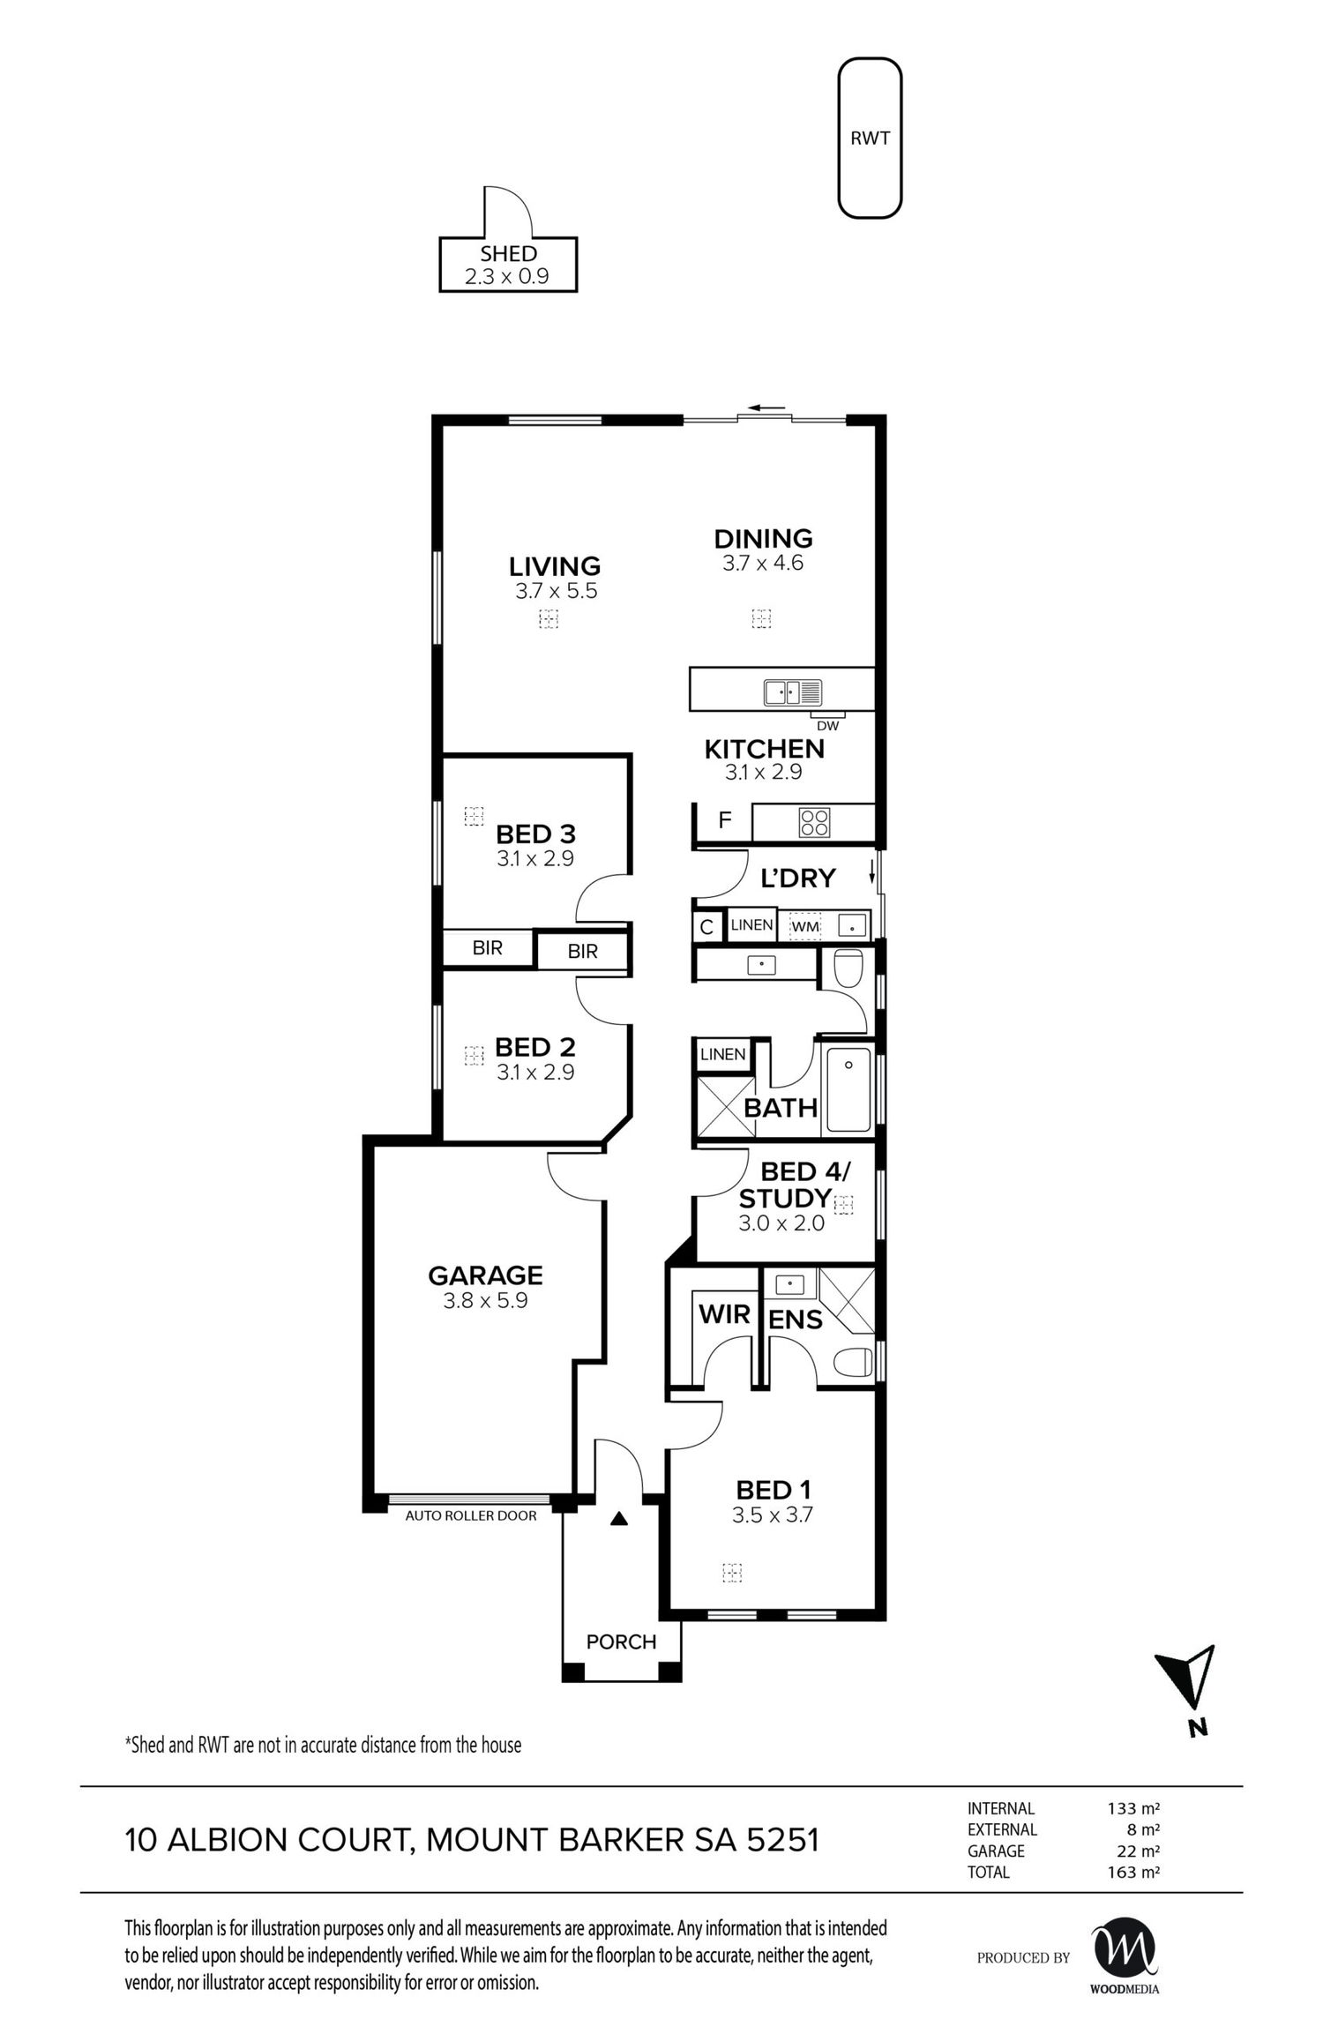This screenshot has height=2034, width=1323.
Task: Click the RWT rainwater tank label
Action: pyautogui.click(x=870, y=138)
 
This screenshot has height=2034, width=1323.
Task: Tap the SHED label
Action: pyautogui.click(x=509, y=254)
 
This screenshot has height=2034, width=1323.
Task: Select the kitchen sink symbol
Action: pyautogui.click(x=793, y=692)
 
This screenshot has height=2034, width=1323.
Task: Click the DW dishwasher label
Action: pyautogui.click(x=827, y=726)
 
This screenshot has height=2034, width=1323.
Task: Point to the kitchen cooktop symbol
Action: pyautogui.click(x=814, y=822)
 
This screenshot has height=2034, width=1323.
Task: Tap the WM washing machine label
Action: pyautogui.click(x=804, y=927)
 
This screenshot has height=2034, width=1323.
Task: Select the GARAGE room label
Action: pyautogui.click(x=485, y=1275)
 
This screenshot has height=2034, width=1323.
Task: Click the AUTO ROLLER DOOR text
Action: pyautogui.click(x=470, y=1516)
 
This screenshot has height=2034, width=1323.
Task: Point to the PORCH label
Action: pyautogui.click(x=622, y=1641)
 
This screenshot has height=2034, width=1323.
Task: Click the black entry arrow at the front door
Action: pyautogui.click(x=620, y=1519)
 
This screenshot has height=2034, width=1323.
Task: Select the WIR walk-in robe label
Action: pyautogui.click(x=724, y=1314)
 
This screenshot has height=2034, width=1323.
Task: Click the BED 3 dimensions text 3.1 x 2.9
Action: pyautogui.click(x=534, y=858)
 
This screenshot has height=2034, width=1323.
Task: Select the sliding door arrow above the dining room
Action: pyautogui.click(x=766, y=408)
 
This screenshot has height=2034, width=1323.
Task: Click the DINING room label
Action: pyautogui.click(x=763, y=538)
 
